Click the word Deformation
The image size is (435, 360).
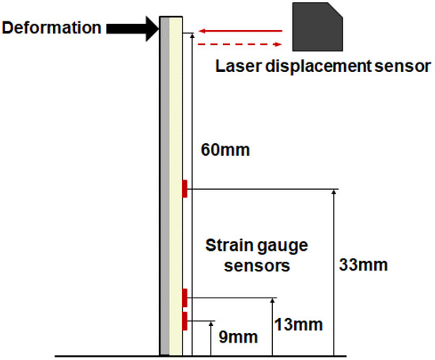[52, 28]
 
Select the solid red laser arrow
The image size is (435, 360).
[238, 32]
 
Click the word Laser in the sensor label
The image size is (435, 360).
[236, 66]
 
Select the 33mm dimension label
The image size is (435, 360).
[363, 264]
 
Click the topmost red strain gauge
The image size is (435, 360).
[184, 188]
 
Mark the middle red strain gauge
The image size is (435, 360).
[184, 297]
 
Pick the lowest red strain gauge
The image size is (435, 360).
[184, 320]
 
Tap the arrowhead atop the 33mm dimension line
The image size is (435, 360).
[335, 194]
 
